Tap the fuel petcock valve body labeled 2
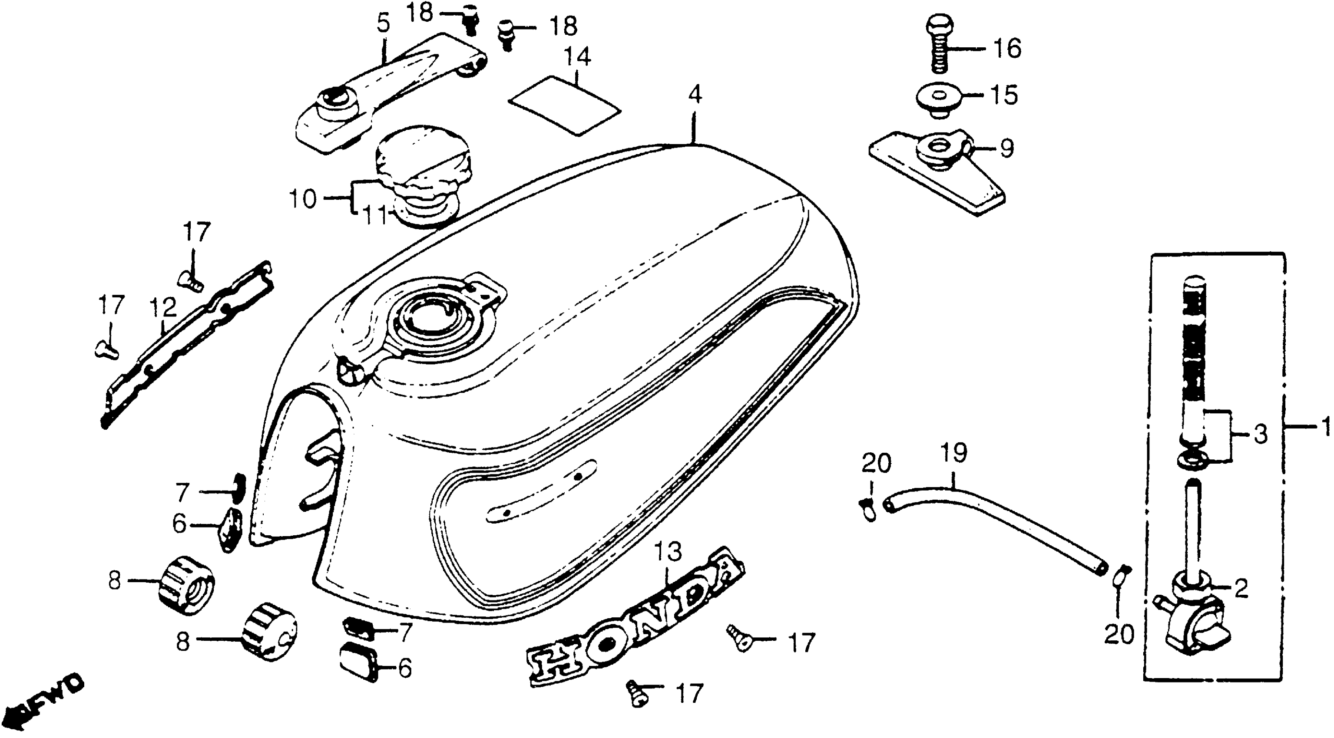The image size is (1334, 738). [1191, 621]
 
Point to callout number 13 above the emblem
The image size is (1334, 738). [668, 553]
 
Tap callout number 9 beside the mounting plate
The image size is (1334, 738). [1006, 149]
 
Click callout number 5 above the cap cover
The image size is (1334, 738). [382, 24]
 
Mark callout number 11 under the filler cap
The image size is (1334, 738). [374, 216]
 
